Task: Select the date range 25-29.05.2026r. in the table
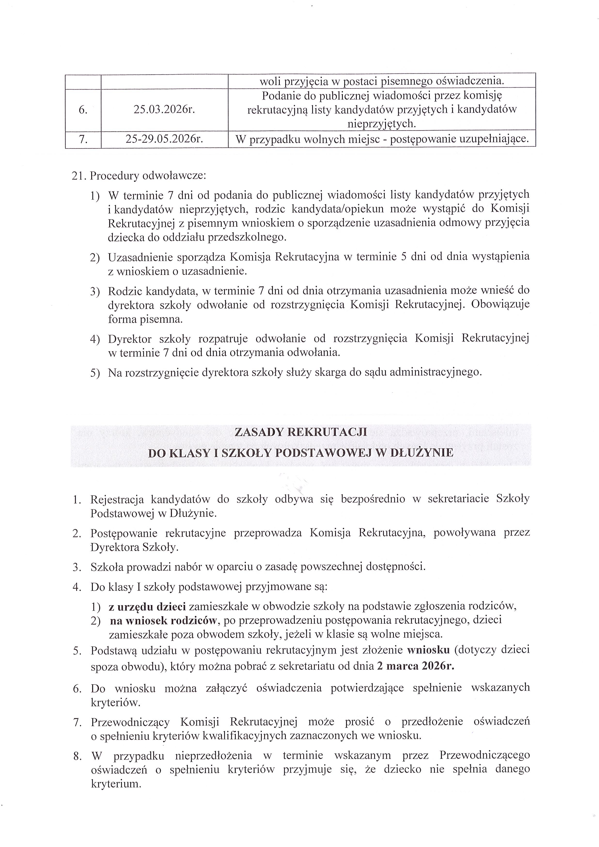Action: pyautogui.click(x=164, y=139)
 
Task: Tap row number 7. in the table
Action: pyautogui.click(x=83, y=139)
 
